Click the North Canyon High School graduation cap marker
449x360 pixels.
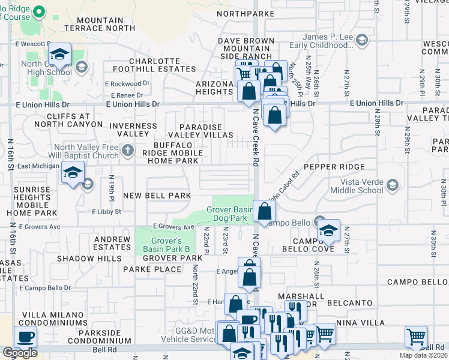pyautogui.click(x=59, y=55)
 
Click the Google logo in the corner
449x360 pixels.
pyautogui.click(x=20, y=353)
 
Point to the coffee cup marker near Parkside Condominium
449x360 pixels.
pyautogui.click(x=25, y=337)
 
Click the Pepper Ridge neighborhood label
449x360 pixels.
pyautogui.click(x=334, y=166)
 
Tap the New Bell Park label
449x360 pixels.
pyautogui.click(x=157, y=196)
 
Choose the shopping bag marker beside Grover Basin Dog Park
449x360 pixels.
pyautogui.click(x=264, y=211)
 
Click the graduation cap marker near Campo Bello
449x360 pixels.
pyautogui.click(x=328, y=230)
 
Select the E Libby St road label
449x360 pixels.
pyautogui.click(x=106, y=212)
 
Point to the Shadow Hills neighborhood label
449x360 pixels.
pyautogui.click(x=85, y=258)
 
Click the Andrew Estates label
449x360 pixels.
pyautogui.click(x=112, y=243)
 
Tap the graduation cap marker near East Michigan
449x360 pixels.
pyautogui.click(x=73, y=173)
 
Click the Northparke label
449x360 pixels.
pyautogui.click(x=246, y=13)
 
